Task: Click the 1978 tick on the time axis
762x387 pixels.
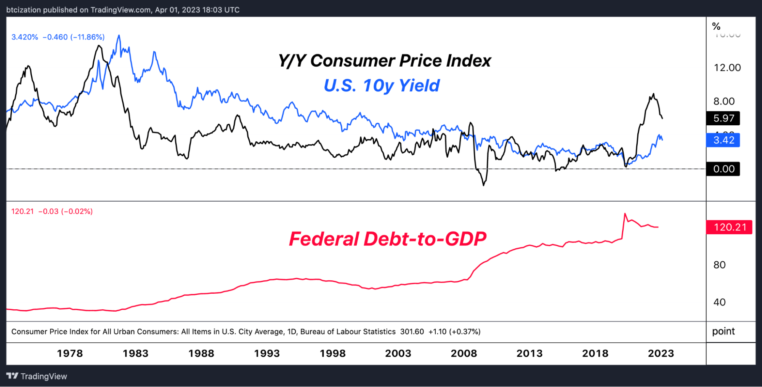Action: point(70,353)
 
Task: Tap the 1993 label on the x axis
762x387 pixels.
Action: point(267,353)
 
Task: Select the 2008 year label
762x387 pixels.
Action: point(464,353)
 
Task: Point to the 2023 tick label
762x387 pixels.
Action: point(661,353)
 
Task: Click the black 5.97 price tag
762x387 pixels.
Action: point(723,118)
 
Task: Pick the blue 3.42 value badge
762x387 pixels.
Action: point(723,140)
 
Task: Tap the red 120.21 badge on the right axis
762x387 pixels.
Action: point(729,227)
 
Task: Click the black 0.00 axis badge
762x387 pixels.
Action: point(723,169)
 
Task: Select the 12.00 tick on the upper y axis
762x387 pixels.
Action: point(727,68)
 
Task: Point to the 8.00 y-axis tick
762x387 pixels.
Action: point(723,101)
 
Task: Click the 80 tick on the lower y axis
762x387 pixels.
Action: point(719,265)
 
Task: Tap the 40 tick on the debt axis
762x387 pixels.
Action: point(719,302)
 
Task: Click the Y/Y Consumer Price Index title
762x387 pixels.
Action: point(384,61)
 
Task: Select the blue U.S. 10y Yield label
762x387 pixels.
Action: point(382,85)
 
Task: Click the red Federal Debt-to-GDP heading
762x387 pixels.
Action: point(387,239)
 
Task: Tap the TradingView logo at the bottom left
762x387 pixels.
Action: point(37,376)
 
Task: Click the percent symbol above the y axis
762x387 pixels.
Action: point(716,26)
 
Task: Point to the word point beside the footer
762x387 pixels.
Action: point(723,331)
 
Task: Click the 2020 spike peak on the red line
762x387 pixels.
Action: point(625,214)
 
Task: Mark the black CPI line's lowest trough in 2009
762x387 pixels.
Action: point(484,186)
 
